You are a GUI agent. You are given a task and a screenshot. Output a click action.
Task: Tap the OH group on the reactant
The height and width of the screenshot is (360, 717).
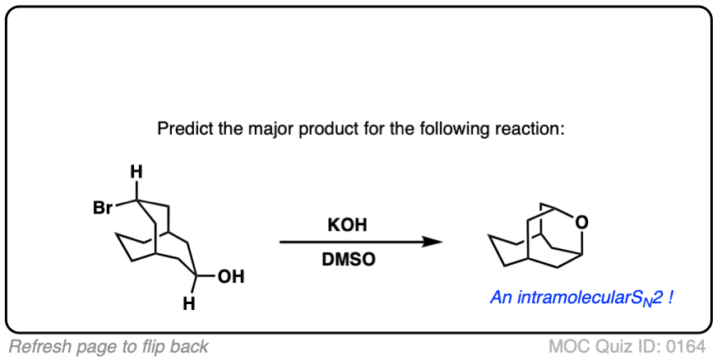point(231,277)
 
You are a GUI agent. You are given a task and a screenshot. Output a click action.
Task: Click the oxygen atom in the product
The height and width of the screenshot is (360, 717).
point(581,219)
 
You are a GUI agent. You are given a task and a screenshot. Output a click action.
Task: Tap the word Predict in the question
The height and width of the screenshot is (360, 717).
point(180,130)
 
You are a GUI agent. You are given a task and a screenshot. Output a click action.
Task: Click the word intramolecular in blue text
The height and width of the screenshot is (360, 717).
point(566,298)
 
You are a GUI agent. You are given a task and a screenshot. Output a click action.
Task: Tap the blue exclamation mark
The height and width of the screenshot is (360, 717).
point(671,298)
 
